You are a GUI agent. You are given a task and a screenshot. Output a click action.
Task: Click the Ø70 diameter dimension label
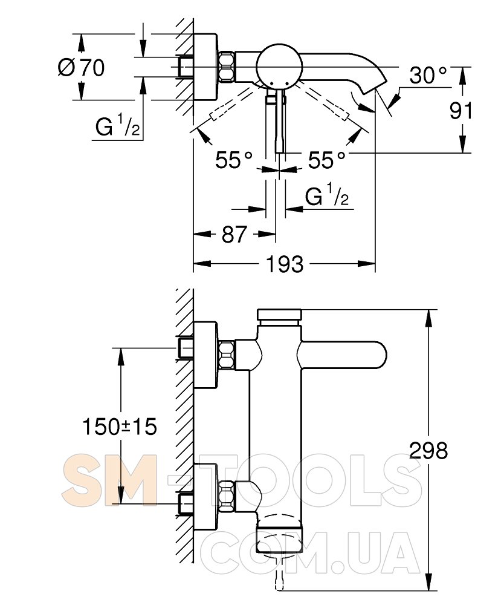pyautogui.click(x=82, y=67)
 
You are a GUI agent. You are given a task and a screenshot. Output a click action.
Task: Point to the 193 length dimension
pyautogui.click(x=284, y=264)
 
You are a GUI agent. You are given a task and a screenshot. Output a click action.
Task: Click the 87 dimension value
pyautogui.click(x=234, y=234)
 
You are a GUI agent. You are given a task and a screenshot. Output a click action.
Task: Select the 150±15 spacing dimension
pyautogui.click(x=120, y=427)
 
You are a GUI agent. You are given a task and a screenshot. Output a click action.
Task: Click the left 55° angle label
pyautogui.click(x=234, y=160)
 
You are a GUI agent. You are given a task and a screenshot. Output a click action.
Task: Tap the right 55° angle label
pyautogui.click(x=327, y=160)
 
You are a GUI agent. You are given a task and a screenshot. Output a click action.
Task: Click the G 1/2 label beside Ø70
pyautogui.click(x=118, y=127)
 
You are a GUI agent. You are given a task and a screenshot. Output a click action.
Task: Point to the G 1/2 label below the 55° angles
pyautogui.click(x=327, y=196)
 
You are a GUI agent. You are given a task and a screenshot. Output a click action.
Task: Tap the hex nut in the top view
pyautogui.click(x=227, y=67)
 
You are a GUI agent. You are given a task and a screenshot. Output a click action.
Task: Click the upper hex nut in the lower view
pyautogui.click(x=227, y=355)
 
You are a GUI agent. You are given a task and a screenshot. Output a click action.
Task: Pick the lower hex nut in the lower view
pyautogui.click(x=227, y=494)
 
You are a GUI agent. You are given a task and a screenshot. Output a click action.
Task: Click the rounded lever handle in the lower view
pyautogui.click(x=351, y=355)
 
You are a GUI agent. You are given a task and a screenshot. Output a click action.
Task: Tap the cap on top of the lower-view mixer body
pyautogui.click(x=279, y=315)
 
